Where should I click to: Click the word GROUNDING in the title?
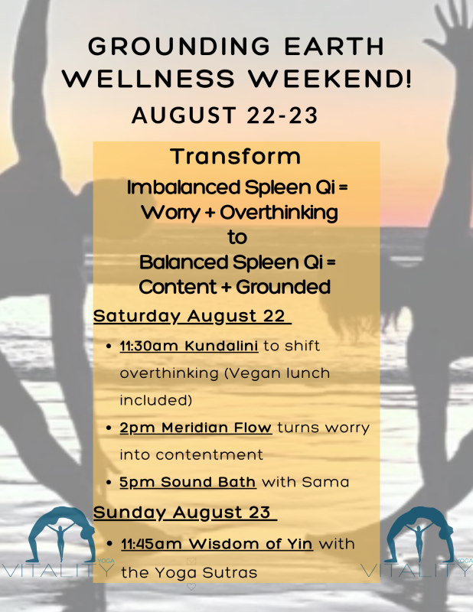(179, 46)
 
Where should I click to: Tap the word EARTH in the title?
(334, 46)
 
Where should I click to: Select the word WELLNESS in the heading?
(148, 78)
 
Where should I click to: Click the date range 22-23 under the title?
(277, 116)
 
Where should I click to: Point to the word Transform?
(236, 156)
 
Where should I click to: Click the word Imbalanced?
(183, 187)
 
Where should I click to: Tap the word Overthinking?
(279, 213)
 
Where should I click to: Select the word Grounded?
(283, 287)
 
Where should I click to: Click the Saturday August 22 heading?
(192, 316)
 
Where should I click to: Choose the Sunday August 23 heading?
(185, 513)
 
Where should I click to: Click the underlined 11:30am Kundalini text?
(189, 346)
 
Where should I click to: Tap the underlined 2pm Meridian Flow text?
(196, 428)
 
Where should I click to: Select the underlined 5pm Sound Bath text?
(188, 482)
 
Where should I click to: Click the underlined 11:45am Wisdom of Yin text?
(217, 544)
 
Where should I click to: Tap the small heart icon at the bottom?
(191, 587)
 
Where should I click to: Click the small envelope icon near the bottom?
(191, 562)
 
